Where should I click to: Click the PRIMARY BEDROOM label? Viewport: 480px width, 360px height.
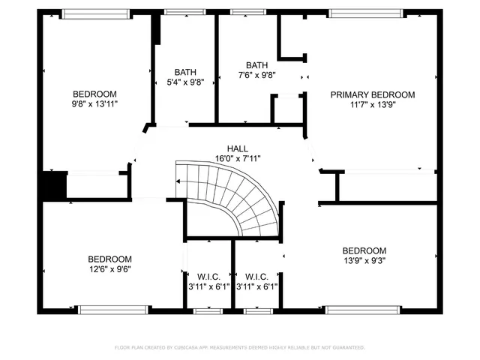(373, 94)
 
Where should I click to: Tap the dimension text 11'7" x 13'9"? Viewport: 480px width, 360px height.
(373, 105)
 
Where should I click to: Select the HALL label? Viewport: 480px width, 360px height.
(237, 148)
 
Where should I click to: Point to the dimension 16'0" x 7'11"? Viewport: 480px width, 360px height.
(237, 158)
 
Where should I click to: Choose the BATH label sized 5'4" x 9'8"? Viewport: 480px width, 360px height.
(185, 72)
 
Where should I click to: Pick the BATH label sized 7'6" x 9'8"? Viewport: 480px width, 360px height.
(256, 65)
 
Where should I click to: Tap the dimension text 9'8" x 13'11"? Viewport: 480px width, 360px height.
(94, 105)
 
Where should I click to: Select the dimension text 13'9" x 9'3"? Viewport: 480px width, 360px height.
(364, 260)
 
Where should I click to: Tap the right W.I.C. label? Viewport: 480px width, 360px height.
(256, 276)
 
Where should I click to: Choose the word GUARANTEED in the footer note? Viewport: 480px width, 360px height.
(349, 347)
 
